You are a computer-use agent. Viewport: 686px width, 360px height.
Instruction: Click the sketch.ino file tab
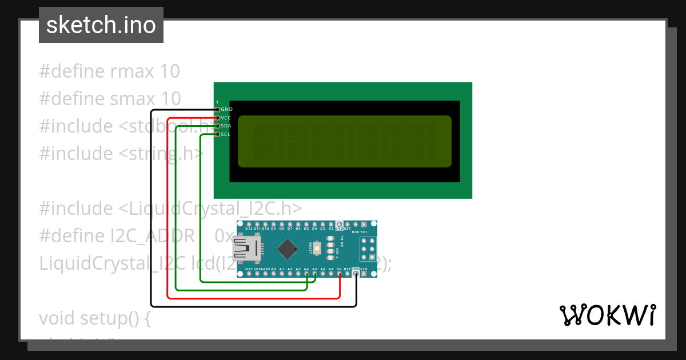(101, 25)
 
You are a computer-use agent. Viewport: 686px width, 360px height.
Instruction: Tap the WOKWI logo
(607, 315)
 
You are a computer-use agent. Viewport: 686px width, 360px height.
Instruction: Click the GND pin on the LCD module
(217, 109)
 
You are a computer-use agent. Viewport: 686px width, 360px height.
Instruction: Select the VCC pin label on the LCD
(226, 118)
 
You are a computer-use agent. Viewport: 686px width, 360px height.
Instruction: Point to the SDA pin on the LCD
(217, 126)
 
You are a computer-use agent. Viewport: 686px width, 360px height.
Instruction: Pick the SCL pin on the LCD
(217, 134)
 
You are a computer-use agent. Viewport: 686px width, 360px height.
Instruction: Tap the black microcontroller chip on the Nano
(286, 249)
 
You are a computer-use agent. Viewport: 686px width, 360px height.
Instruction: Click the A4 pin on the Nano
(306, 274)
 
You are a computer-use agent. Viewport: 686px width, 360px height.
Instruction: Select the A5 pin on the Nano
(315, 274)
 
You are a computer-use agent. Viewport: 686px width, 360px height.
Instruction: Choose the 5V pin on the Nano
(340, 274)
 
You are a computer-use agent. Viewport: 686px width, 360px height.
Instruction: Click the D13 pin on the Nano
(249, 274)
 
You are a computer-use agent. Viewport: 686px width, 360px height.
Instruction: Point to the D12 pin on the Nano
(249, 224)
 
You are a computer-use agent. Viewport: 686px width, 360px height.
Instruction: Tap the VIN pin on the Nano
(364, 274)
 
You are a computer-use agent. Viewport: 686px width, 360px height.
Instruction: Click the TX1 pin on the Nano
(364, 224)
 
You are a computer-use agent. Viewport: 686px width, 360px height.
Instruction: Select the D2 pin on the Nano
(331, 224)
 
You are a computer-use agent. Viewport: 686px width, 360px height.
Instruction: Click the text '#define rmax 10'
(109, 71)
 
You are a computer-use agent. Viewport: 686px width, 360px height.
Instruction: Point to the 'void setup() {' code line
(95, 318)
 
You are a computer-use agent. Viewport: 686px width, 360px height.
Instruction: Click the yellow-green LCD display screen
(344, 141)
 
